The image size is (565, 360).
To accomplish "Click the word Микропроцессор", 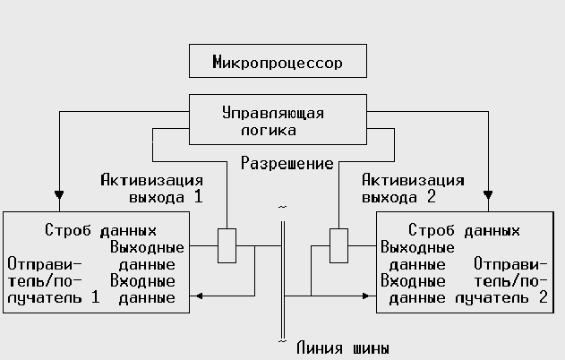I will pos(278,63).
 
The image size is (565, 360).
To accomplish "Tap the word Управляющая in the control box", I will pos(272,114).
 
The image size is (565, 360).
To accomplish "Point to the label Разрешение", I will pos(287,164).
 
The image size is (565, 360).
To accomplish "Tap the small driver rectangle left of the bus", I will pos(227,245).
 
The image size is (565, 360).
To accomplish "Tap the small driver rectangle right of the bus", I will pos(338,245).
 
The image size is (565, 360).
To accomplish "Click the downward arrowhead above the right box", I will pos(489,193).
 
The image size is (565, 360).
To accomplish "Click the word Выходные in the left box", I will pos(147,246).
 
